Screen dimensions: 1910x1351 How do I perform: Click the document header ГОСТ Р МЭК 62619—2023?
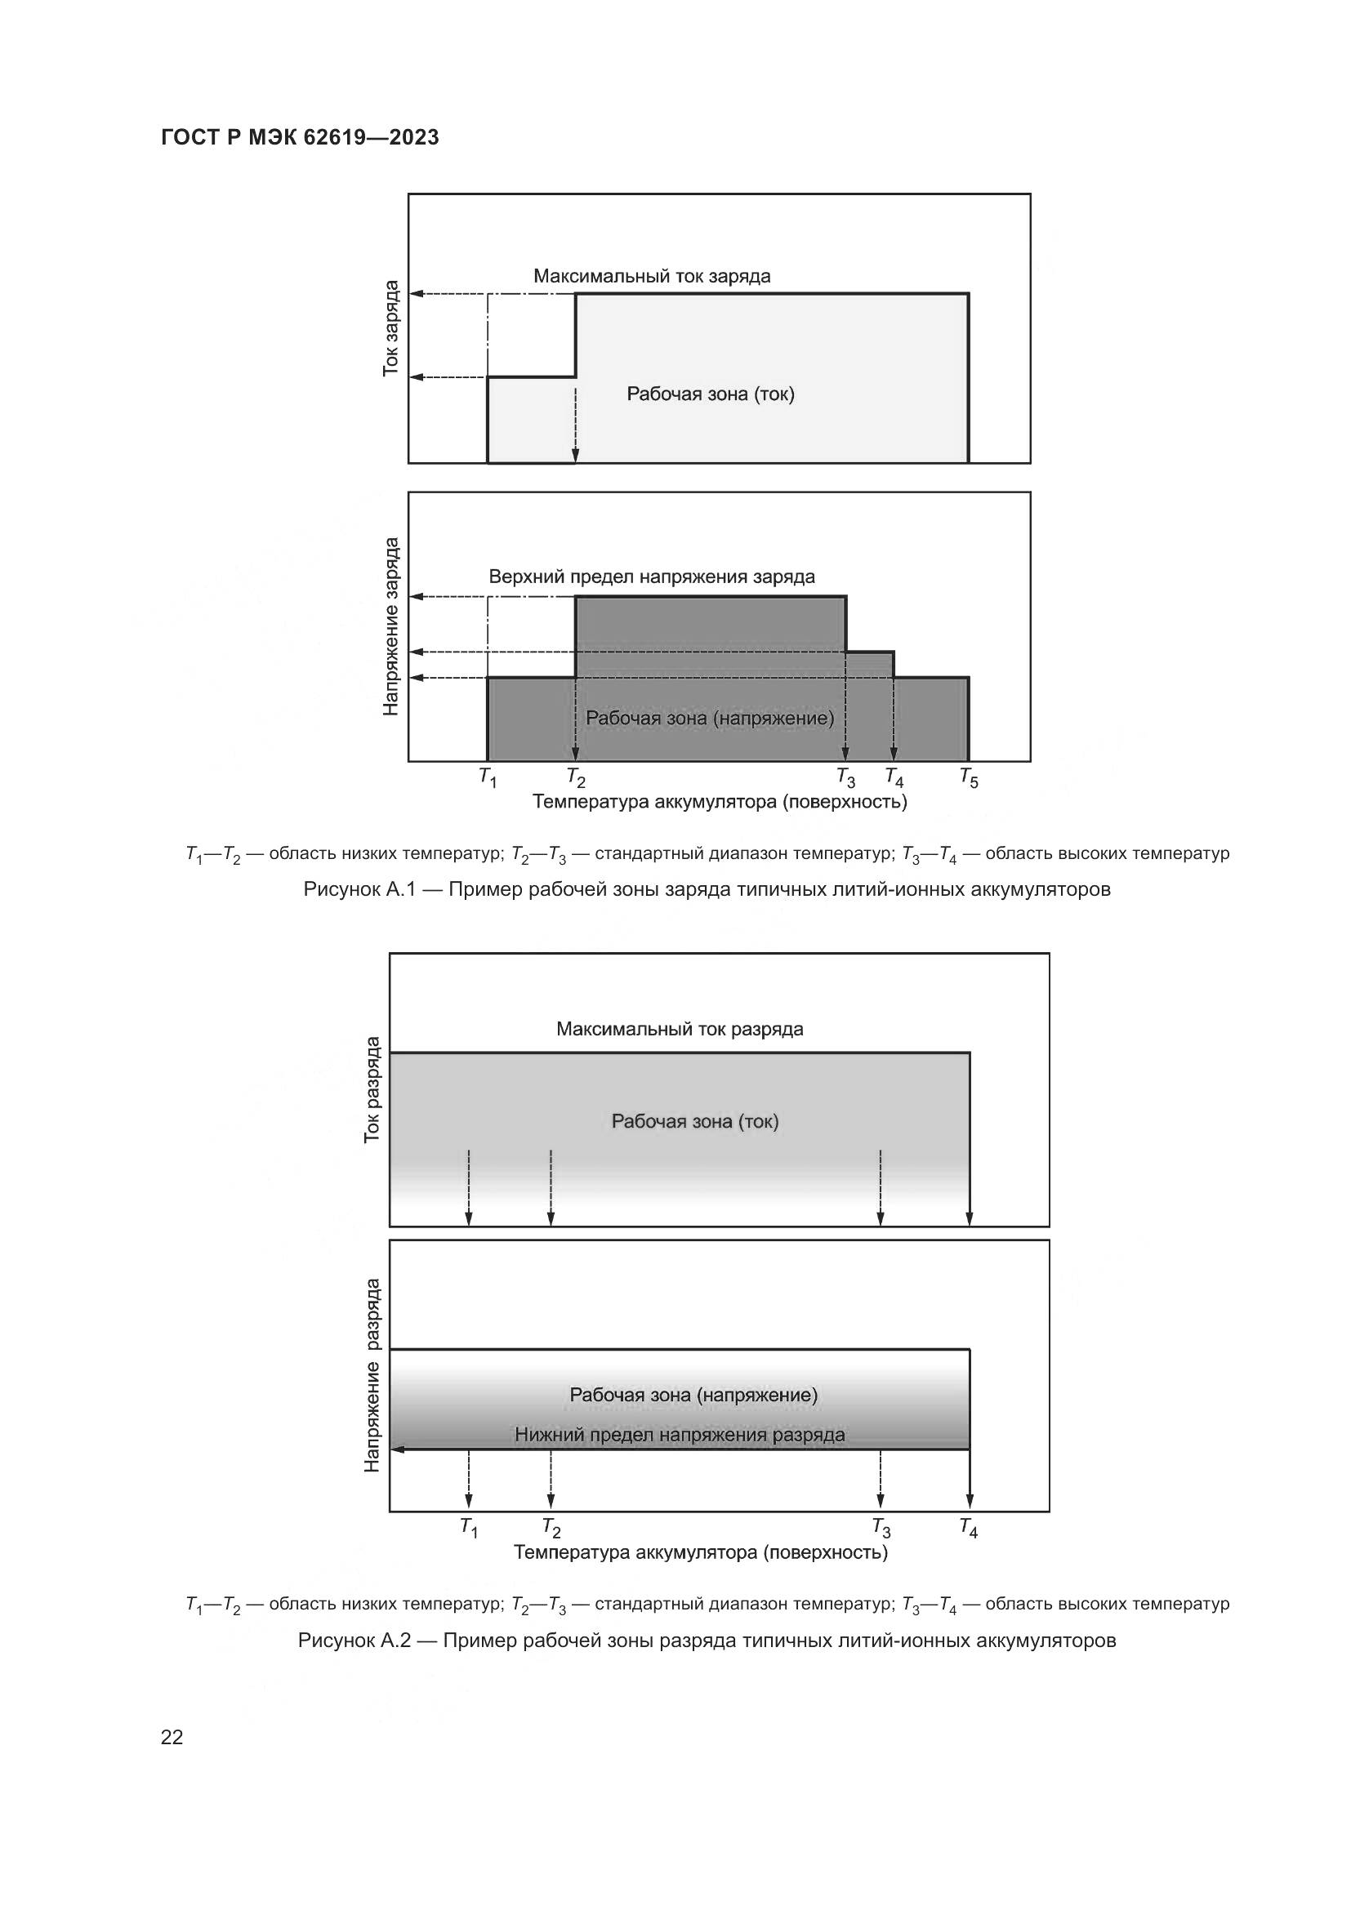(x=300, y=138)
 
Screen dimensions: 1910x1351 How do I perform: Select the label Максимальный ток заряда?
(x=651, y=276)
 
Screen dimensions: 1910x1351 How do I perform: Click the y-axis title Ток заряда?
(x=391, y=328)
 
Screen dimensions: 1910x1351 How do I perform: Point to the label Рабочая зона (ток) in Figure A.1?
(x=711, y=394)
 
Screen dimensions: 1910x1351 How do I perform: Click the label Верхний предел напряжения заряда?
(x=651, y=577)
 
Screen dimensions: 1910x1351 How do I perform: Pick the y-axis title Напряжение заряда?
(x=391, y=626)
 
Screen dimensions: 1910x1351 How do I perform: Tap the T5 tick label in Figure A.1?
(x=969, y=778)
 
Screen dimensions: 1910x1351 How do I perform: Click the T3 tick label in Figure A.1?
(x=845, y=778)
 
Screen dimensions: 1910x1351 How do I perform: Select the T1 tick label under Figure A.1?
(x=488, y=778)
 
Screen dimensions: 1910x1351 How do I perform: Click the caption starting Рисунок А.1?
(x=707, y=890)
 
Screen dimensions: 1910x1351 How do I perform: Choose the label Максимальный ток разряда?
(x=680, y=1030)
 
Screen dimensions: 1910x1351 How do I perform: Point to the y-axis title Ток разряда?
(x=372, y=1089)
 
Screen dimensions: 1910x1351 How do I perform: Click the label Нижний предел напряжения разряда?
(x=680, y=1435)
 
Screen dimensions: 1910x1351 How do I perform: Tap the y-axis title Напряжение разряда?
(x=372, y=1375)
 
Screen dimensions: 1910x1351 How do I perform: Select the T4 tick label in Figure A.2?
(x=969, y=1528)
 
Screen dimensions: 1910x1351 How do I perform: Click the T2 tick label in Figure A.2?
(x=551, y=1528)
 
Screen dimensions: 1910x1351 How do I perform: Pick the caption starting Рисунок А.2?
(x=707, y=1641)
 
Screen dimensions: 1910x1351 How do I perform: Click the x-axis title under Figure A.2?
(x=701, y=1552)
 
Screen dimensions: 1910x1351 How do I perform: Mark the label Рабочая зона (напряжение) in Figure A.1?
(x=710, y=718)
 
